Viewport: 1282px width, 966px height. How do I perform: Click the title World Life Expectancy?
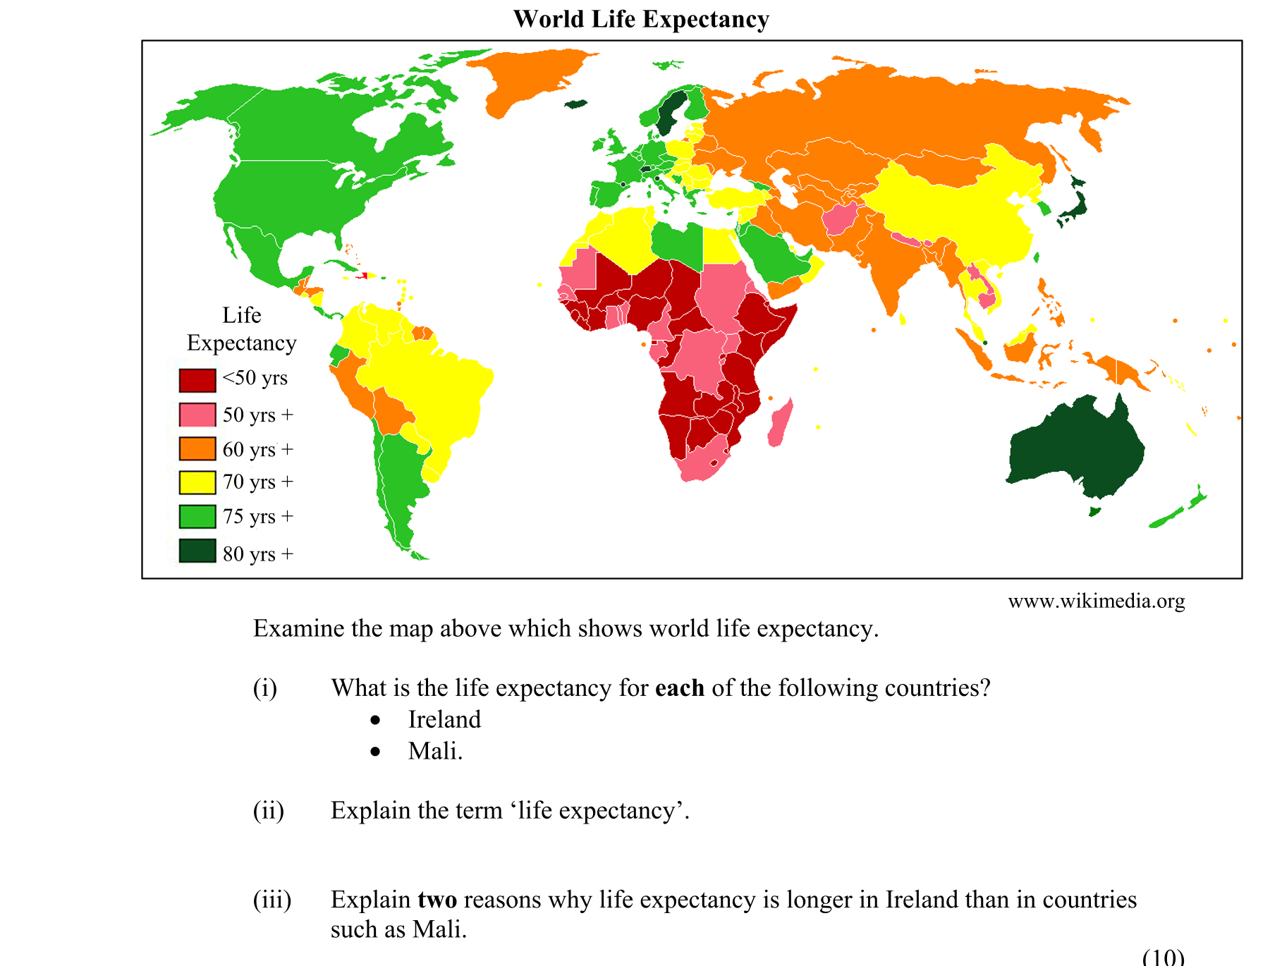point(640,19)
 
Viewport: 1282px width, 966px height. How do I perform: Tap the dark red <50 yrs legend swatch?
point(197,380)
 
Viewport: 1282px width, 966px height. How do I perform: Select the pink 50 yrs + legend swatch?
point(197,415)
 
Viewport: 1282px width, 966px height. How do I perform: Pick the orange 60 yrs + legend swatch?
point(197,449)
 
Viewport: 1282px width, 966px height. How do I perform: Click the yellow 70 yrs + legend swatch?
point(197,482)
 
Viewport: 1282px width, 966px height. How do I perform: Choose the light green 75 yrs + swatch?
point(197,517)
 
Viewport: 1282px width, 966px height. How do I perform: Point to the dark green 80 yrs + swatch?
point(197,551)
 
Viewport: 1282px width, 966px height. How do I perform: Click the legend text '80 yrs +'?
point(257,554)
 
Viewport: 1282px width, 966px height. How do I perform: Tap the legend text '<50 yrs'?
point(255,378)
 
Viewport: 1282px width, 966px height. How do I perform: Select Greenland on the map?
point(529,78)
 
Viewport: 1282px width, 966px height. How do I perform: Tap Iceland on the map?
point(576,104)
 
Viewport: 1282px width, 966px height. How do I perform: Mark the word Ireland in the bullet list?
point(444,719)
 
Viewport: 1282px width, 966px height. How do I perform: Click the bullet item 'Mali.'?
point(435,751)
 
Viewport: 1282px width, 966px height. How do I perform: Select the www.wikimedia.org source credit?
point(1096,601)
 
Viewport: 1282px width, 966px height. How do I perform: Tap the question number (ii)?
point(268,811)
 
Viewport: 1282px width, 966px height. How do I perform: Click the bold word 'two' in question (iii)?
point(437,900)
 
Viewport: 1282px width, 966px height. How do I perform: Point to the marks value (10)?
point(1163,957)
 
